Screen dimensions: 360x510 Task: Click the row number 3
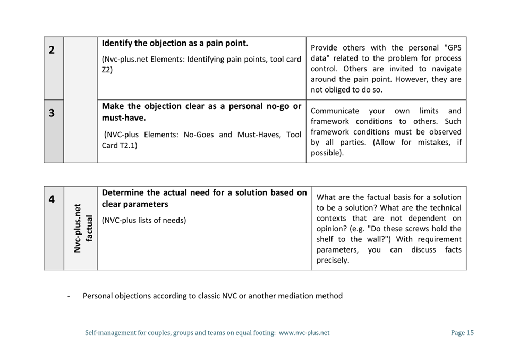(x=52, y=113)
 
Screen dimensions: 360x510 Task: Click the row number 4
(x=52, y=200)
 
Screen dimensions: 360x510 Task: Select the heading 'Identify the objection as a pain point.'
(x=175, y=43)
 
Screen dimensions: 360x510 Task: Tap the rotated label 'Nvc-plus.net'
(x=78, y=228)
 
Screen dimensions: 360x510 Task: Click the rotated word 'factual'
(x=89, y=228)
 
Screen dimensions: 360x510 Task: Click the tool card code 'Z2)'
(x=107, y=70)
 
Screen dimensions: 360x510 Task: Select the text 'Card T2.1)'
(x=119, y=145)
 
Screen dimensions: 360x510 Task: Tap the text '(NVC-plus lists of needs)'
(x=144, y=220)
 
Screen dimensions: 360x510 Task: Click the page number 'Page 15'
(x=462, y=333)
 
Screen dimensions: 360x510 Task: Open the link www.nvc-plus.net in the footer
(x=304, y=333)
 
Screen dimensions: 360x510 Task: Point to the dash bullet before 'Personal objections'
(x=69, y=296)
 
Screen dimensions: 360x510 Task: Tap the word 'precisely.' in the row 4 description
(x=333, y=260)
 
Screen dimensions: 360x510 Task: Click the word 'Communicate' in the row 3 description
(x=335, y=111)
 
